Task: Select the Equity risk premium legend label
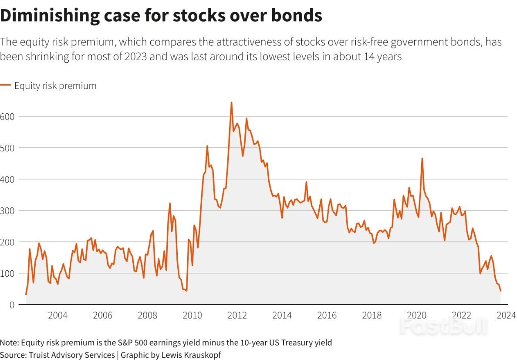coord(55,86)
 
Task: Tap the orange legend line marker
coord(6,85)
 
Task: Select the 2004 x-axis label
coord(57,316)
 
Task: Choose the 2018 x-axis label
coord(372,316)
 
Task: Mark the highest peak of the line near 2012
coord(231,103)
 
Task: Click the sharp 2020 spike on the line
coord(422,159)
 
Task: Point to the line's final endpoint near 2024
coord(501,291)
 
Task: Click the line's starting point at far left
coord(26,295)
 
